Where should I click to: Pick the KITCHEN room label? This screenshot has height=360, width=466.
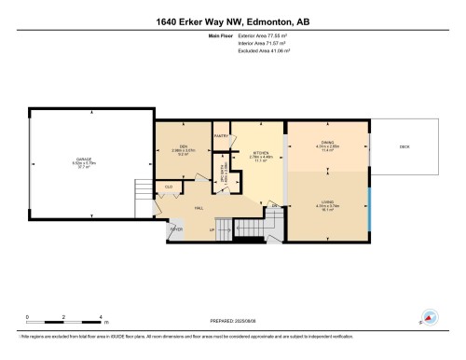coord(260,152)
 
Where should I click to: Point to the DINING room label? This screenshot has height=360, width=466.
coord(327,142)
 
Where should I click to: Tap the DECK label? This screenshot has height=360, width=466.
coord(404,145)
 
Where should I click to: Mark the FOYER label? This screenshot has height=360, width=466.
coord(176,228)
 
